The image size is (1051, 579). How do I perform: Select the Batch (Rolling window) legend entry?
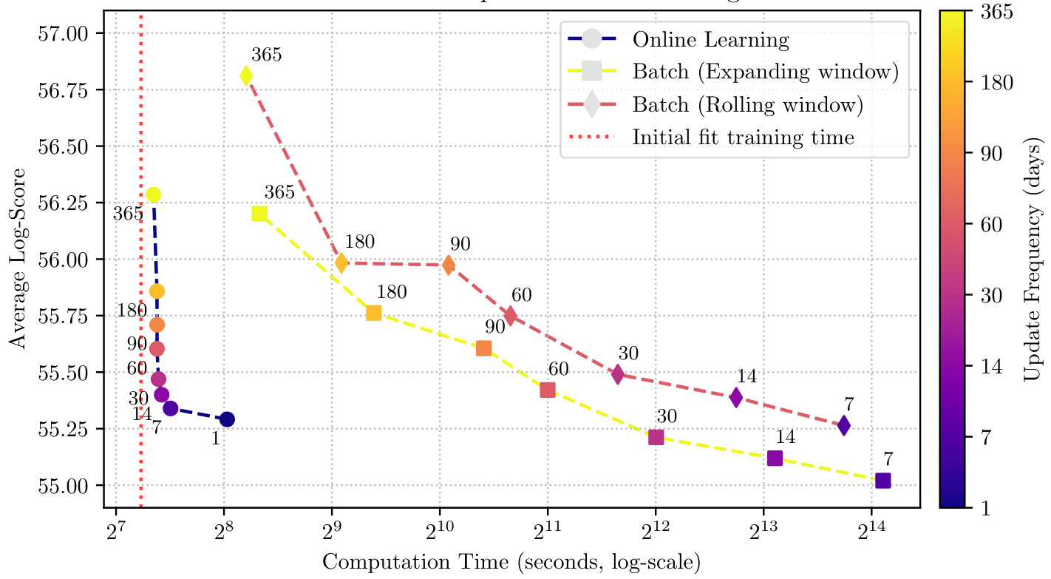(747, 104)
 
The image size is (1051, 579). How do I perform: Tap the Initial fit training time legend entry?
(743, 137)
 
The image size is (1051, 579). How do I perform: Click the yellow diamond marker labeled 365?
(246, 75)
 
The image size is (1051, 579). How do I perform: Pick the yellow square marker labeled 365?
(259, 214)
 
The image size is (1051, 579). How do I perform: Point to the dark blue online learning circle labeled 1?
(227, 419)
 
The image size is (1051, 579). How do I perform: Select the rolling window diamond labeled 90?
(449, 265)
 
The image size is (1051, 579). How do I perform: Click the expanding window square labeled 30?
(656, 437)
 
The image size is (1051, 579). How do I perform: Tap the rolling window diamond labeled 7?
(843, 425)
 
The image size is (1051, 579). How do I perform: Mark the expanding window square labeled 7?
(882, 481)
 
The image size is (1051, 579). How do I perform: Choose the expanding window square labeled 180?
(374, 313)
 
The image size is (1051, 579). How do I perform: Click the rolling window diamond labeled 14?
(735, 398)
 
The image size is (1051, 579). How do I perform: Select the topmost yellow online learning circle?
(154, 194)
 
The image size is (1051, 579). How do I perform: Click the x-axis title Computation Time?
(511, 562)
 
